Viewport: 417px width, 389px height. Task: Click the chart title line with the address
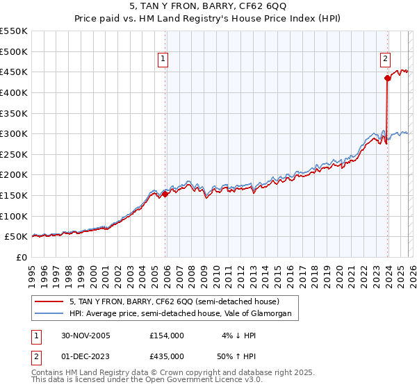coord(208,8)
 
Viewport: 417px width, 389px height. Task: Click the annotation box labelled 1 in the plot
coord(163,60)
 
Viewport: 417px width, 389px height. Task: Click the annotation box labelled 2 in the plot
coord(385,60)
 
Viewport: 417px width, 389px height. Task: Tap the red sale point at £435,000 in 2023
coord(386,78)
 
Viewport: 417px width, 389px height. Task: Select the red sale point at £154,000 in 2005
coord(165,194)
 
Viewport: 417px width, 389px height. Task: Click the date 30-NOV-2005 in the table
coord(85,336)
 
